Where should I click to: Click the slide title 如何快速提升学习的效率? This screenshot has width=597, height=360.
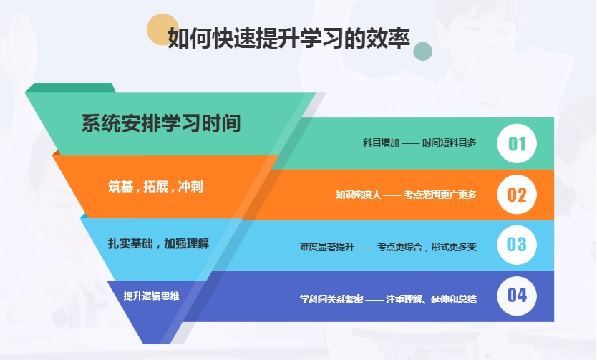(x=288, y=38)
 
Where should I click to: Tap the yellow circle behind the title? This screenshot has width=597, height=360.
(x=162, y=29)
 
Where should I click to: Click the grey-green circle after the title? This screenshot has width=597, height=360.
(x=422, y=52)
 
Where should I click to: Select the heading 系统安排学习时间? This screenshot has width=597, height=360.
(x=161, y=123)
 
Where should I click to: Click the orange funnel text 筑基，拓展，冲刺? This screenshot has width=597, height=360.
(x=156, y=187)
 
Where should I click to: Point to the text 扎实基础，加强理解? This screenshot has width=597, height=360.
(x=158, y=243)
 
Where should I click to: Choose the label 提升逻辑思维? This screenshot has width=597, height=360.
(x=151, y=296)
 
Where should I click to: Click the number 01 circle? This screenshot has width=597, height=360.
(x=517, y=143)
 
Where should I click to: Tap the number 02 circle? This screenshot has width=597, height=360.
(x=517, y=195)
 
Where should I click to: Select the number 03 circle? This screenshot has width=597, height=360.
(x=517, y=245)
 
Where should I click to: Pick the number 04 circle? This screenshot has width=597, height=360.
(x=517, y=296)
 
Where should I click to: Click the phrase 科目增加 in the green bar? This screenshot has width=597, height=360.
(x=381, y=142)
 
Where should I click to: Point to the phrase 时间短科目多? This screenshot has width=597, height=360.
(x=450, y=142)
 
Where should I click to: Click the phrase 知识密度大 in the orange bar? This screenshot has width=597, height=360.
(x=359, y=195)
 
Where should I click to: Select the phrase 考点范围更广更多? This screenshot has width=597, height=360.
(x=440, y=195)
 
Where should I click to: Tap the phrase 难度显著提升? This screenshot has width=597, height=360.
(x=326, y=247)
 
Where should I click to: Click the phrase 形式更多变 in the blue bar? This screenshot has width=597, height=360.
(x=454, y=247)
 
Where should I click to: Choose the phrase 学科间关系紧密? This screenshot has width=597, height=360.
(x=331, y=299)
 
